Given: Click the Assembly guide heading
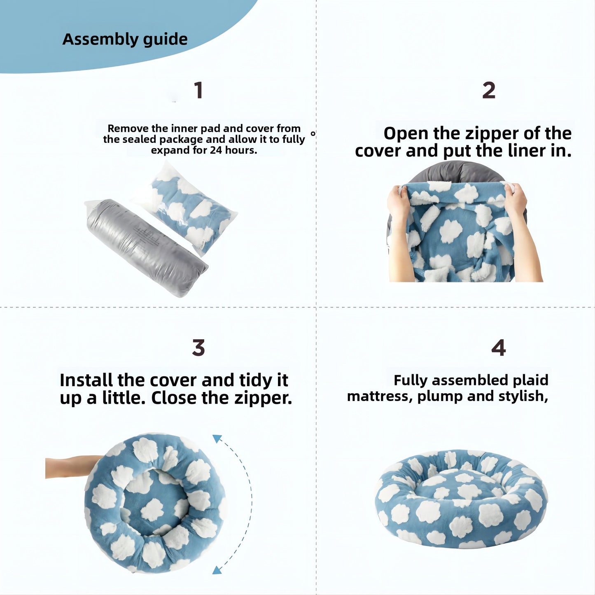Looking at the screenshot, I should [x=125, y=39].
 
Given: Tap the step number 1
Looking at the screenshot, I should [x=198, y=90].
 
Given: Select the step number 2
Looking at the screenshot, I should [x=489, y=90].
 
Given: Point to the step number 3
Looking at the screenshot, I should [x=198, y=348].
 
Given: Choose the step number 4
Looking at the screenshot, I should [x=498, y=348].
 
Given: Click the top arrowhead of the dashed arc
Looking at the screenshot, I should [x=217, y=439].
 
